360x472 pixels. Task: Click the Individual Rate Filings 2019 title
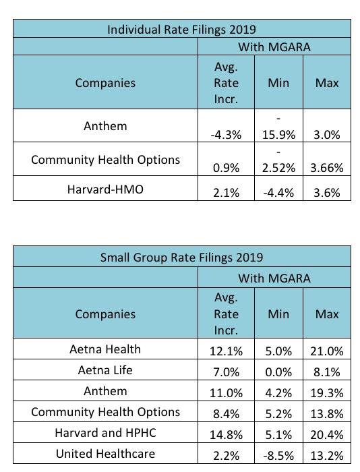[181, 30]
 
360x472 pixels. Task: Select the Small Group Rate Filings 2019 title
[181, 258]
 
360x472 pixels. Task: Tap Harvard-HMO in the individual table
[105, 189]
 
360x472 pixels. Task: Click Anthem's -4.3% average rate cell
[226, 135]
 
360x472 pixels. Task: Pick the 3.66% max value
[327, 168]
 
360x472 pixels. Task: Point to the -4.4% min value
[278, 193]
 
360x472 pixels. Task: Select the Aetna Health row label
[105, 349]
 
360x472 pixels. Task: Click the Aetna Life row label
[105, 370]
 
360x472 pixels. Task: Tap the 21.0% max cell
[327, 351]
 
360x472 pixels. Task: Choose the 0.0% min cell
[278, 372]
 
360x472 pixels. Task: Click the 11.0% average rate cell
[226, 393]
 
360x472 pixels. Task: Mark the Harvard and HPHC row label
[105, 433]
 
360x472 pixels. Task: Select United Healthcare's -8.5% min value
[278, 455]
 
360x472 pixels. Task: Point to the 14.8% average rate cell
[226, 435]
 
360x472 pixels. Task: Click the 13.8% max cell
[327, 414]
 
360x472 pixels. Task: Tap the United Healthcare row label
[105, 454]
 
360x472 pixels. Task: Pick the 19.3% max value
[327, 393]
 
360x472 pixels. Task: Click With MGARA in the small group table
[274, 278]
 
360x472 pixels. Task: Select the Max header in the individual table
[327, 83]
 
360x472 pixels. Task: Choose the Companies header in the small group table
[105, 314]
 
